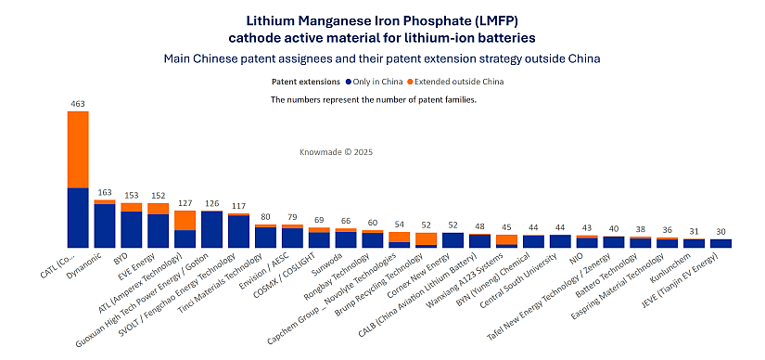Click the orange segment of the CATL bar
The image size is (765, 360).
[78, 148]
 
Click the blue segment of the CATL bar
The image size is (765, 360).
[78, 217]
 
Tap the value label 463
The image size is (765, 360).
[78, 103]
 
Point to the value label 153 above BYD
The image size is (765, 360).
[132, 195]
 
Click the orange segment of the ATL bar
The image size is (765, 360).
[185, 220]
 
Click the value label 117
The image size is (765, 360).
[238, 206]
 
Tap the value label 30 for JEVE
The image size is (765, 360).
[721, 231]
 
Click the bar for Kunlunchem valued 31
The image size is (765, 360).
[695, 243]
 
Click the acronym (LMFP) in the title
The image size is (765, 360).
[480, 19]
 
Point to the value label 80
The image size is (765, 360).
[265, 217]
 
